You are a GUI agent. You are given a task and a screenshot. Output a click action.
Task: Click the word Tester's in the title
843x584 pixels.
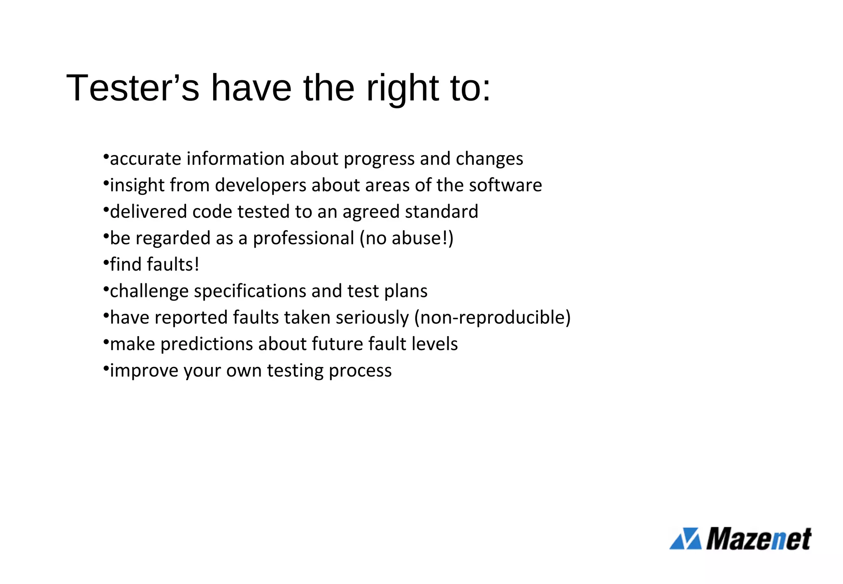tap(133, 88)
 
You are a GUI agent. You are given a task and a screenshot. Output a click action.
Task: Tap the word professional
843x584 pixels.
tap(303, 238)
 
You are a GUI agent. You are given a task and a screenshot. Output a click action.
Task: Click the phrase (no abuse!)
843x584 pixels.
tap(406, 238)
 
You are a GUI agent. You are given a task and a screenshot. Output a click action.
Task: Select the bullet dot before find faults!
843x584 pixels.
tap(106, 262)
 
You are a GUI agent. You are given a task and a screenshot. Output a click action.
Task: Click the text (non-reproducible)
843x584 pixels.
tap(492, 318)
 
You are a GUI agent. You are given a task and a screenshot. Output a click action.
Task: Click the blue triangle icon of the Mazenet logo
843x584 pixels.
tap(686, 538)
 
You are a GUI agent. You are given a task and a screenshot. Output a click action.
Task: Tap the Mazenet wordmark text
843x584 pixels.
tap(759, 538)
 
